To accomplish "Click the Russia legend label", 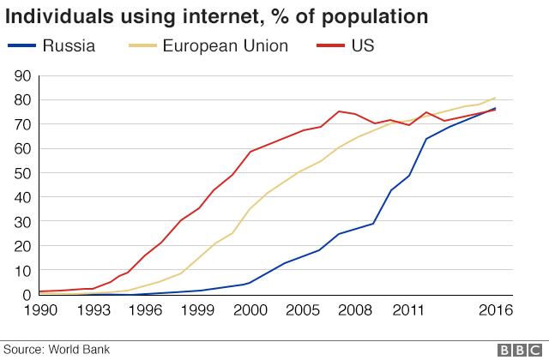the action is pos(69,45).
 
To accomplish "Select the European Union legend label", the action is pos(225,45).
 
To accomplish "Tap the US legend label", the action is pos(363,45).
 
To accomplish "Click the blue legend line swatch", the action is pos(21,45).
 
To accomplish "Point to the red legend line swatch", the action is pos(330,45).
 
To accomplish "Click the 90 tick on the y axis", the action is pos(23,76).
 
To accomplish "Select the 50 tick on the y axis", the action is pos(23,173).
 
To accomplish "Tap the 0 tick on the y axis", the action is pos(27,295).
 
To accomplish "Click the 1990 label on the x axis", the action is pos(40,310).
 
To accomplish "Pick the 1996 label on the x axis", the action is pos(145,310).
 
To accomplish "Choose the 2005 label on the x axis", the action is pos(303,310).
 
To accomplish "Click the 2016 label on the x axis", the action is pos(496,310).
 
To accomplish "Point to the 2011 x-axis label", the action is pos(408,310).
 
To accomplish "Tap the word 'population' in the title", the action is pos(375,17).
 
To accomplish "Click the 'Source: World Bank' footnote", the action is pos(57,350).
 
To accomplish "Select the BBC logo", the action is pos(520,351).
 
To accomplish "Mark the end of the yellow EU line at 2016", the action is pos(496,98).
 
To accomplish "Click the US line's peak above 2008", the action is pos(339,111).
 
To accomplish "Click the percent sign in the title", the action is pos(280,16).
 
